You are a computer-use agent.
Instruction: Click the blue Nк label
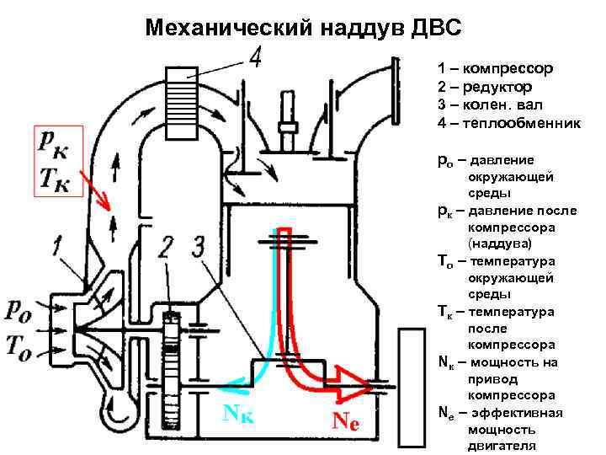238,413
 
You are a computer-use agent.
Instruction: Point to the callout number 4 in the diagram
254,58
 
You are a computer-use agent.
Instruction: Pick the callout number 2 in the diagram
167,248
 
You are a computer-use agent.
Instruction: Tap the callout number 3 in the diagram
197,247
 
